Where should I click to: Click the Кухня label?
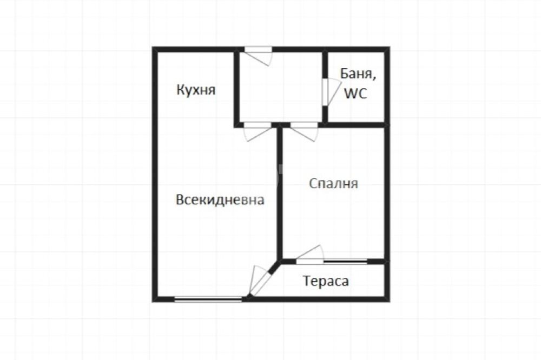click(196, 90)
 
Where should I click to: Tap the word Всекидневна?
click(220, 199)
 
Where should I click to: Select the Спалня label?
click(333, 183)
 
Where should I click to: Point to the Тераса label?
click(326, 281)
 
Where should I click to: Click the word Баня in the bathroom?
click(358, 74)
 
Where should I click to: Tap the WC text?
click(356, 94)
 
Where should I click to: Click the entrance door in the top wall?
click(259, 55)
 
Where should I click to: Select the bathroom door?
click(331, 92)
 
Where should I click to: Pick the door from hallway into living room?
click(258, 131)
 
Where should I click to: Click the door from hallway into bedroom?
click(304, 131)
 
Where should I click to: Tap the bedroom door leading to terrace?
click(310, 255)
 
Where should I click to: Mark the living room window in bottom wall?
click(208, 299)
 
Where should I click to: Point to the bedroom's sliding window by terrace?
click(345, 261)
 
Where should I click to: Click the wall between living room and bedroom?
click(280, 193)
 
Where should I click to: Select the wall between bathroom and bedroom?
click(356, 124)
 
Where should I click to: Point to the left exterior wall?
click(155, 175)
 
